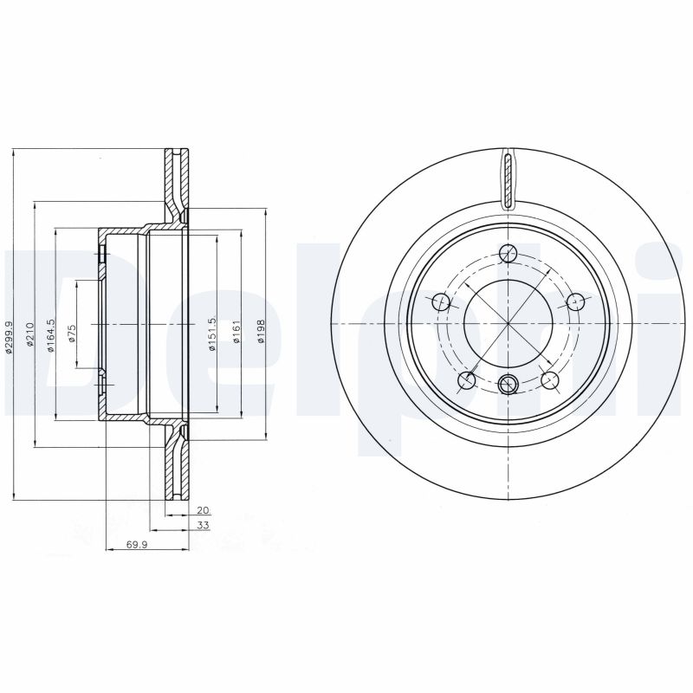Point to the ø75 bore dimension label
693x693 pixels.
pyautogui.click(x=73, y=333)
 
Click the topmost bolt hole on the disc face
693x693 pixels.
pyautogui.click(x=508, y=253)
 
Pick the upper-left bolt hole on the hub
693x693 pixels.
pyautogui.click(x=441, y=301)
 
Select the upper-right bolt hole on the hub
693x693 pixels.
pyautogui.click(x=574, y=301)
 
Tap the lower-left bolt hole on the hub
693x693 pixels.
pyautogui.click(x=467, y=379)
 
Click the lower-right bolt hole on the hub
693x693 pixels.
pyautogui.click(x=548, y=379)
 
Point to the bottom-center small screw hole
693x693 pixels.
pyautogui.click(x=508, y=382)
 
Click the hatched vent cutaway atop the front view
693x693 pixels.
pyautogui.click(x=508, y=178)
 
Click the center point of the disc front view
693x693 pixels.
pyautogui.click(x=508, y=323)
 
